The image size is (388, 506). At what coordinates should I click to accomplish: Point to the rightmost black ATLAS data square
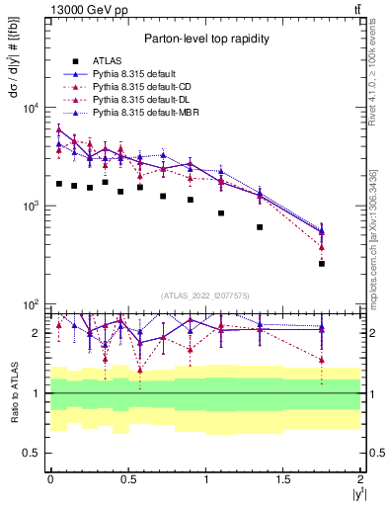click(322, 264)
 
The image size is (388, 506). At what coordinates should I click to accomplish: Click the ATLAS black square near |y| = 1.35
click(260, 227)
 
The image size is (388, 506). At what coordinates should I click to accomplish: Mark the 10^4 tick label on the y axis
click(28, 108)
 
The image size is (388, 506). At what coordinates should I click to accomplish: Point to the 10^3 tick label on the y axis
click(28, 206)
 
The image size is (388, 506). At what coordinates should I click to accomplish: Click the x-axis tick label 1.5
click(283, 479)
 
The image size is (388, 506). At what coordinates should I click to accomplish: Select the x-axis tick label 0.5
click(127, 479)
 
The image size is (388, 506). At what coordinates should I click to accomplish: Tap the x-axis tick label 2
click(360, 479)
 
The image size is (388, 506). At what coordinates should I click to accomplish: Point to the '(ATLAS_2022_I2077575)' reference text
click(204, 295)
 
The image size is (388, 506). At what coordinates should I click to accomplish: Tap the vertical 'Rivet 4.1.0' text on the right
click(377, 94)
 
